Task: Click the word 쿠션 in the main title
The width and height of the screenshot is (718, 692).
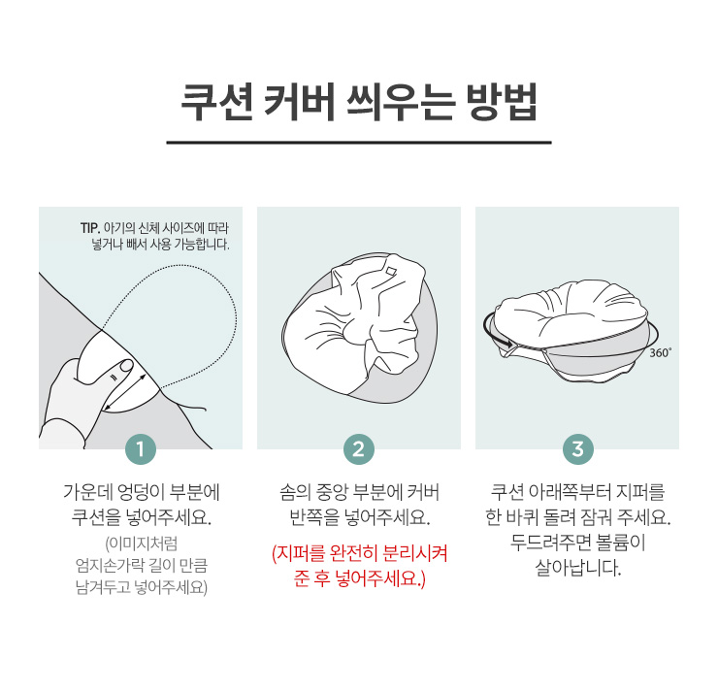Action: [217, 102]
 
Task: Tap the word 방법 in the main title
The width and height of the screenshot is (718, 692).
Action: [502, 102]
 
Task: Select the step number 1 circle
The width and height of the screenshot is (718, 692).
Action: [140, 449]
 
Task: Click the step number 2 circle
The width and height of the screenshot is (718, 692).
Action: [359, 449]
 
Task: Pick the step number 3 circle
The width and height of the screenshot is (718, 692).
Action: [578, 449]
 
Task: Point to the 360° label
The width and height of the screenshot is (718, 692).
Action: [661, 352]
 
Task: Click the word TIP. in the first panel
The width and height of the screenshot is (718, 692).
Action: [90, 228]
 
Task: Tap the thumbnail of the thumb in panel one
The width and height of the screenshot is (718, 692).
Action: [125, 366]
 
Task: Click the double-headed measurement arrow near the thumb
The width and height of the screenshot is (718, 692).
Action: [125, 392]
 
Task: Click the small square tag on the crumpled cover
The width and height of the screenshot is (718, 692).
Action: [390, 270]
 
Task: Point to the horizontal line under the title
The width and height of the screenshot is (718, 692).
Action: [359, 143]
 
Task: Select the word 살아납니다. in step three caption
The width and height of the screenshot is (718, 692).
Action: [578, 568]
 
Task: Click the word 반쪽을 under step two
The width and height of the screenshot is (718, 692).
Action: [314, 517]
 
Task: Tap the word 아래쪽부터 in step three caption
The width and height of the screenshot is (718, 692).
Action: [570, 492]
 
